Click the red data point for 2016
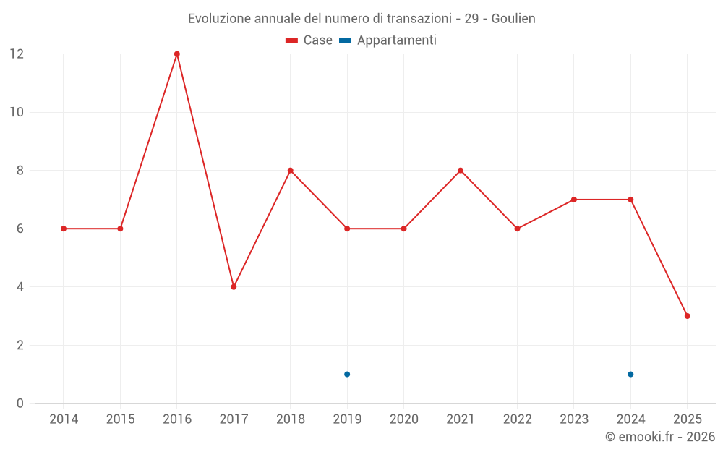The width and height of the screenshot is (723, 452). click(177, 54)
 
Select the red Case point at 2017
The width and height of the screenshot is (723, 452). click(234, 287)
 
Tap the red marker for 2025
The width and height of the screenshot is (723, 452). click(688, 316)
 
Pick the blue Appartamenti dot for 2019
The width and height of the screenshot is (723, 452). click(347, 374)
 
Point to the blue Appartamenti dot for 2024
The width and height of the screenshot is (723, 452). click(630, 374)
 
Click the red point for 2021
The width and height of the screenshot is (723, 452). click(461, 171)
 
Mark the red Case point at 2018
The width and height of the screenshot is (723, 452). click(291, 171)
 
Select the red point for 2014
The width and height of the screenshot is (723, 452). click(64, 229)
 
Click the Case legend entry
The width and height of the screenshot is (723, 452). click(309, 40)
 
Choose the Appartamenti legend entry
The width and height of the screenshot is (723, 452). click(388, 40)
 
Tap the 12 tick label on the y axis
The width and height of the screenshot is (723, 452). click(17, 54)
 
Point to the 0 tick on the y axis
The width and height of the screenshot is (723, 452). click(20, 403)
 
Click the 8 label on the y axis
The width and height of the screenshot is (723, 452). click(20, 171)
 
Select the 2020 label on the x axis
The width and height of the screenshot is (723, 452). click(404, 419)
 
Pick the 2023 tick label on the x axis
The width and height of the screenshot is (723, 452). click(574, 419)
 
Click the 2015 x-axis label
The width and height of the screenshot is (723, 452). click(120, 419)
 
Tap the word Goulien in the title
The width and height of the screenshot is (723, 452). click(513, 19)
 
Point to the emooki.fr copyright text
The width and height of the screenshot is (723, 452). click(660, 436)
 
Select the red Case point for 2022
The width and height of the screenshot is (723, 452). click(518, 229)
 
